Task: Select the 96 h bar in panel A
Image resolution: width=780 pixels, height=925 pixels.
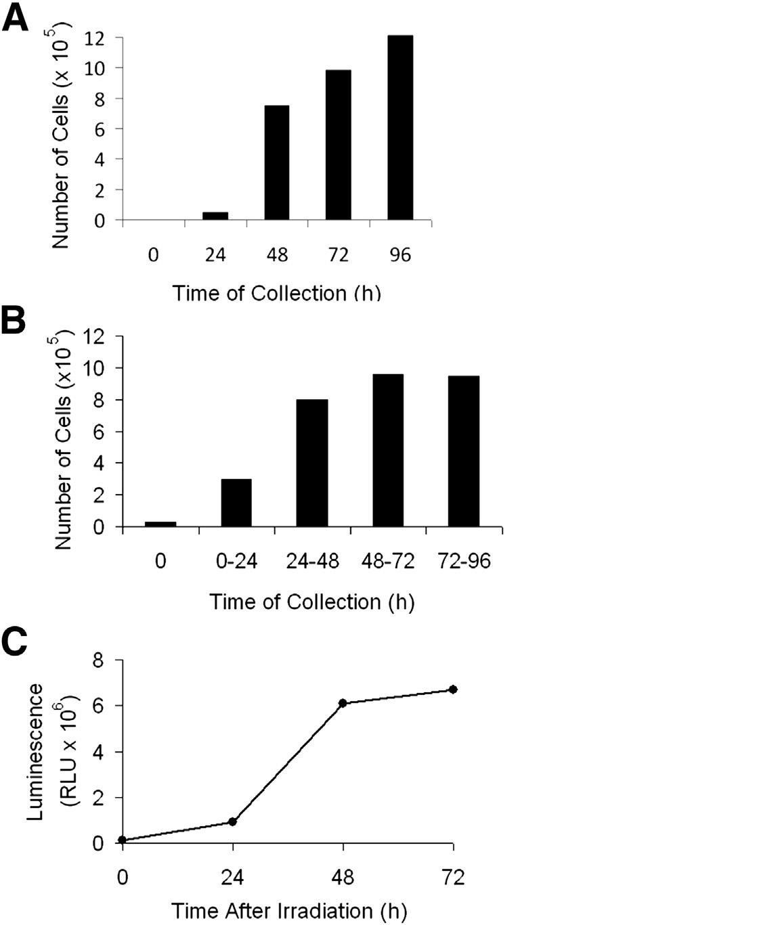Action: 400,128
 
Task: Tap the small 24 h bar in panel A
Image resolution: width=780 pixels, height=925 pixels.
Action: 215,216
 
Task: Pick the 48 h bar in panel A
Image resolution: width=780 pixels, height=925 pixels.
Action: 277,163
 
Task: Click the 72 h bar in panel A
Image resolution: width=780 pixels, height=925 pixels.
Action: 339,145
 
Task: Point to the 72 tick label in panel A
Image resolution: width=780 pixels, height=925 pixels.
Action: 339,255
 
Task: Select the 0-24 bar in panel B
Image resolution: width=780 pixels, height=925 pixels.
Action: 236,503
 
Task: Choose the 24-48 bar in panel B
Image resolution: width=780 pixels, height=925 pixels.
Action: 312,463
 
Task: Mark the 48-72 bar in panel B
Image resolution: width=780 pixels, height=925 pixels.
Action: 388,451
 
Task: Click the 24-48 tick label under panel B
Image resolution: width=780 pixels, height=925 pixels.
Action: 312,562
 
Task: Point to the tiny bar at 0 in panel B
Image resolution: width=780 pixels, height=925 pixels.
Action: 160,524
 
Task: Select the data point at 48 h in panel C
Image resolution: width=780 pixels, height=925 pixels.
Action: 343,703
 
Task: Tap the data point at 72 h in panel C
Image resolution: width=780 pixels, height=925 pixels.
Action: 453,690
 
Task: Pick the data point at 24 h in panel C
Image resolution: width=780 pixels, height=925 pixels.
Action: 233,821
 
